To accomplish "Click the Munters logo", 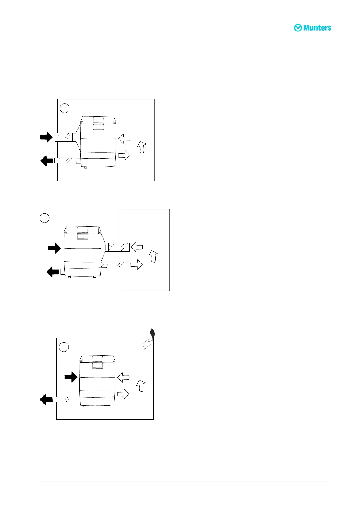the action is click(x=313, y=28).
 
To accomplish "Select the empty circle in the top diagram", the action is click(x=65, y=108).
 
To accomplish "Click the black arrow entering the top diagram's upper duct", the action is click(x=46, y=137).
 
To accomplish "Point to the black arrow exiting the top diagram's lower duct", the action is click(x=47, y=161).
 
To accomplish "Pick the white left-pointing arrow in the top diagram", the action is click(x=124, y=139).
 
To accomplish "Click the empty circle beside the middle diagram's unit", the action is click(x=44, y=218).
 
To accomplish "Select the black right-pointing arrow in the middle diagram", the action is click(x=54, y=248).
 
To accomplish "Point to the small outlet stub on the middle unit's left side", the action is click(x=63, y=272).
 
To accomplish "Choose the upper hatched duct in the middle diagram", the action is click(x=119, y=247).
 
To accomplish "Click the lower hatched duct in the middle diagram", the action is click(x=118, y=265).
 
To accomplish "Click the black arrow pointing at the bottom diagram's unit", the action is click(x=71, y=377).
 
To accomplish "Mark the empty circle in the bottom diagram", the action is click(x=64, y=347).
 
